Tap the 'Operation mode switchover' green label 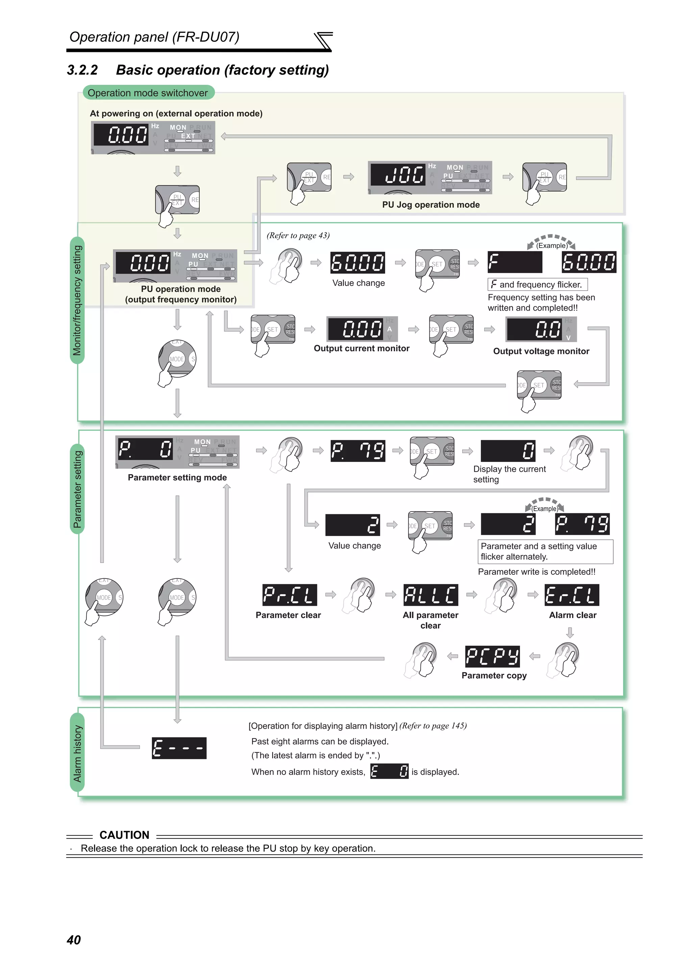148,93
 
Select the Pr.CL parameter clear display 290,595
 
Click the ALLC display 430,595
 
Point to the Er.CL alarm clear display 572,595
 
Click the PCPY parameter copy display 492,656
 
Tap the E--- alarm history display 179,748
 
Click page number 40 74,940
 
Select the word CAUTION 124,835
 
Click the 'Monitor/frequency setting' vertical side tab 77,300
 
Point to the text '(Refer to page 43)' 298,235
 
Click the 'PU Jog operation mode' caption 430,205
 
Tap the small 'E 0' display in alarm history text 389,771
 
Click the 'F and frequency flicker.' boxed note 537,284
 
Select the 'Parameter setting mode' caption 177,478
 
